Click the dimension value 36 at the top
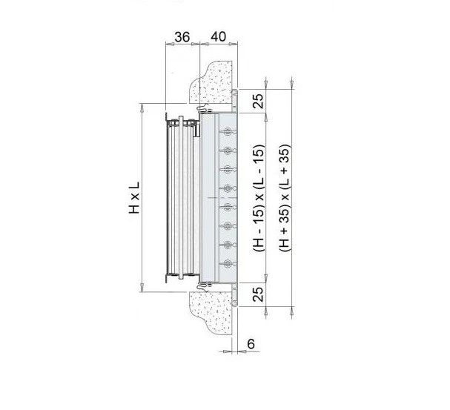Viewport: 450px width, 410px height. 182,37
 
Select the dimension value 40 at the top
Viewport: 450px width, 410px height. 219,36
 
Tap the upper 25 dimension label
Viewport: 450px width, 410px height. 258,101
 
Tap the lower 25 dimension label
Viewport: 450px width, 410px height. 258,294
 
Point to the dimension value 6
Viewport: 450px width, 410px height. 251,344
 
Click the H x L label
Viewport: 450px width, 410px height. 134,197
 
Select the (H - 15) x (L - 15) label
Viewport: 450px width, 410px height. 259,198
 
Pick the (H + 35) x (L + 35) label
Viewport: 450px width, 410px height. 285,198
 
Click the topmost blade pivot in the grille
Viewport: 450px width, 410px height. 228,132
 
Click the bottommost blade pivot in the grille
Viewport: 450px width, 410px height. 228,263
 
